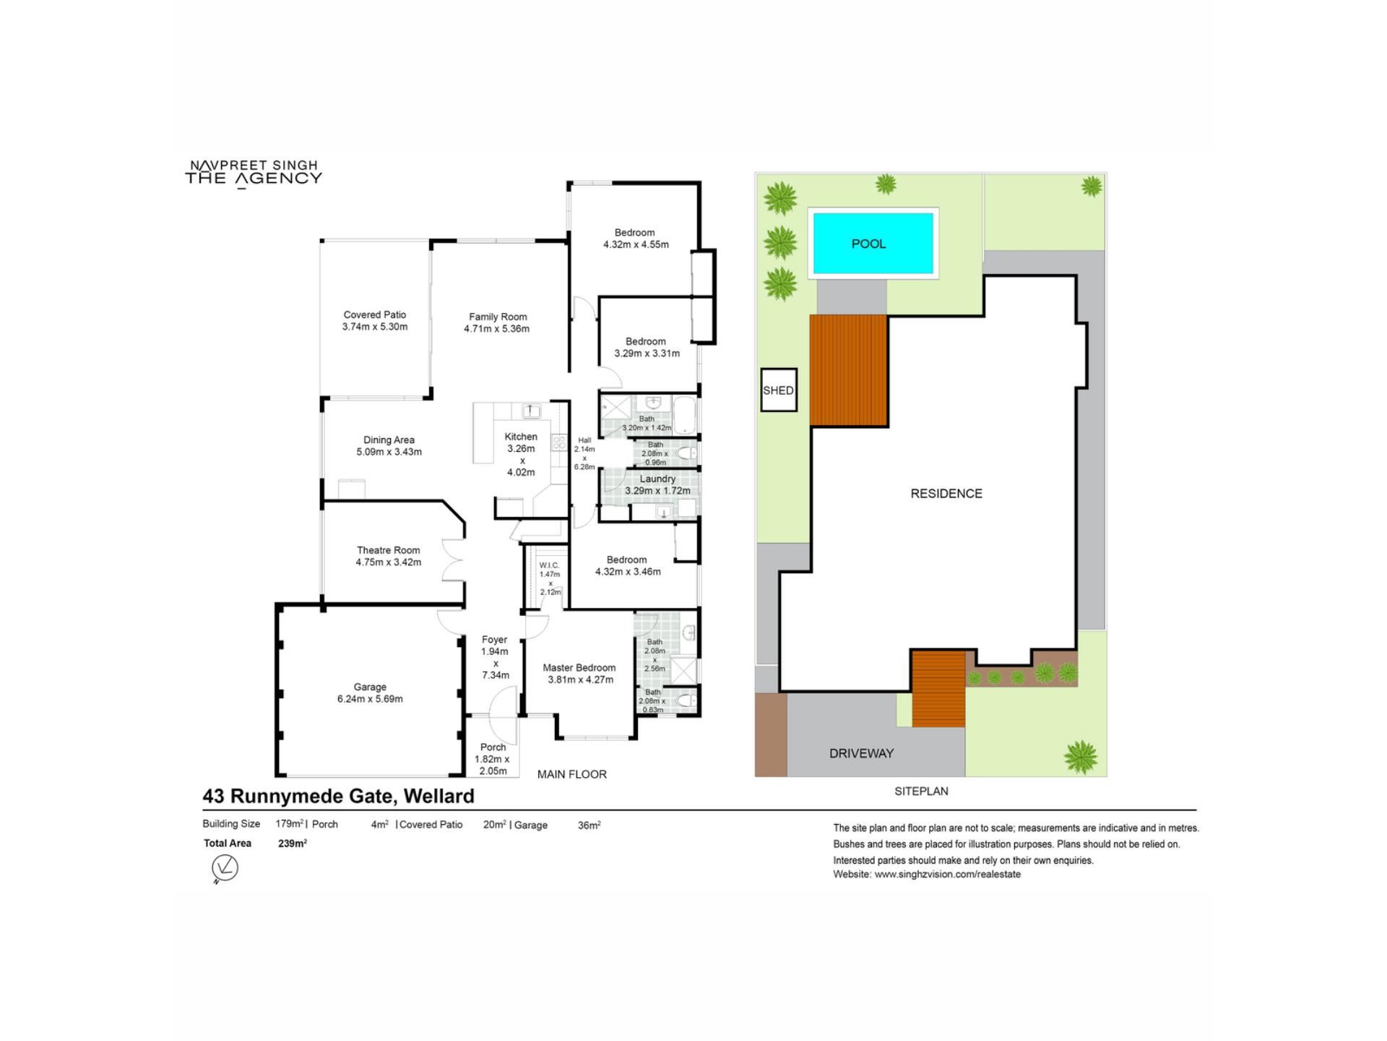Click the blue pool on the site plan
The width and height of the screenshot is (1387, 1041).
(873, 243)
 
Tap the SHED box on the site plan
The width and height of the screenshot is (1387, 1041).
(779, 390)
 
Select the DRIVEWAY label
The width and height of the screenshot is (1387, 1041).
(861, 753)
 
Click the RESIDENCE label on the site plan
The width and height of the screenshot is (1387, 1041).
(946, 494)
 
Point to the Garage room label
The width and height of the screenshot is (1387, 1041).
(370, 687)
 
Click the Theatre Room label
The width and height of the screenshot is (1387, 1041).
(388, 550)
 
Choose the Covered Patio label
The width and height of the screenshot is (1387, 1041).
(375, 314)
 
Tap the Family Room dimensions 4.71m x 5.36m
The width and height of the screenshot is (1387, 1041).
(497, 329)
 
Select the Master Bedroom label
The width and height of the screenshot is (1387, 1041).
(579, 668)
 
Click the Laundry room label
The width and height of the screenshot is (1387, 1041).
(657, 479)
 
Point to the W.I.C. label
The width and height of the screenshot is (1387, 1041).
(549, 565)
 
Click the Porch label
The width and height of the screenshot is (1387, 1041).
(493, 747)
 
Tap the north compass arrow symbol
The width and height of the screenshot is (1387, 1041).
(225, 867)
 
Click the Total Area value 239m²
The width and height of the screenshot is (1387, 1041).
(293, 843)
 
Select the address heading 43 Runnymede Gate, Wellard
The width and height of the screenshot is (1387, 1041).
(339, 796)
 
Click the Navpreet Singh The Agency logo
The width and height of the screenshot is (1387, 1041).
(254, 173)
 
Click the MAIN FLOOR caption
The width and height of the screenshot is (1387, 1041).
(572, 774)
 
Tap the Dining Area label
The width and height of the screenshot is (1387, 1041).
(389, 440)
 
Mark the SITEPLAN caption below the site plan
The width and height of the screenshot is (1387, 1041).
(921, 792)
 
